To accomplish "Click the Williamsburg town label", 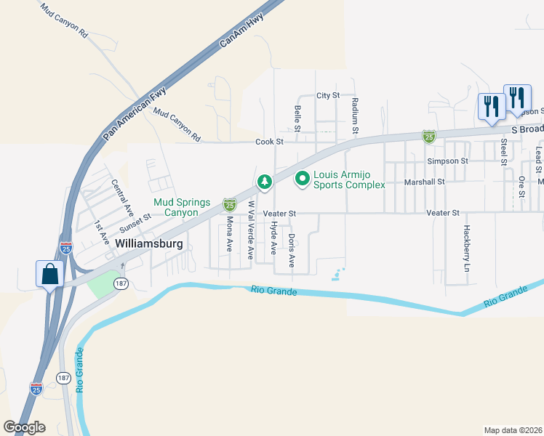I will (149, 243).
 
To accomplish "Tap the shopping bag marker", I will (49, 275).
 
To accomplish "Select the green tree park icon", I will (265, 180).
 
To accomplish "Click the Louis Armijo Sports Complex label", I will (348, 179).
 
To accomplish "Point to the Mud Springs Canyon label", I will (182, 207).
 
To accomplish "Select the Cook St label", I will (268, 142).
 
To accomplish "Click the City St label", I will (328, 95).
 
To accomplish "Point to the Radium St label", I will (355, 116).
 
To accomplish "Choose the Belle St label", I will (297, 118).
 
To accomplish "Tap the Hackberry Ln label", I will (466, 248).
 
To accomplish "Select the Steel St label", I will (503, 153).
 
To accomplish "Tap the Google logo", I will (24, 427).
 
